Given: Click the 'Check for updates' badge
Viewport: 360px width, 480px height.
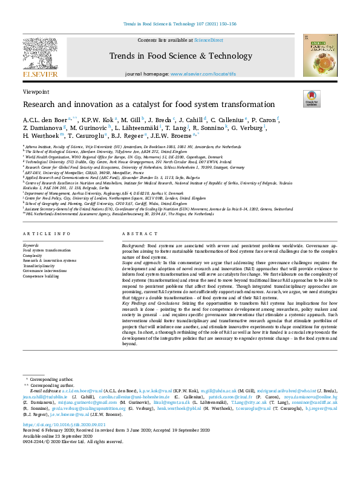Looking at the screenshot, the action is (x=312, y=99).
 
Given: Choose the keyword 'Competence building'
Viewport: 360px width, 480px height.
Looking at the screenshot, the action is (x=41, y=276).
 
